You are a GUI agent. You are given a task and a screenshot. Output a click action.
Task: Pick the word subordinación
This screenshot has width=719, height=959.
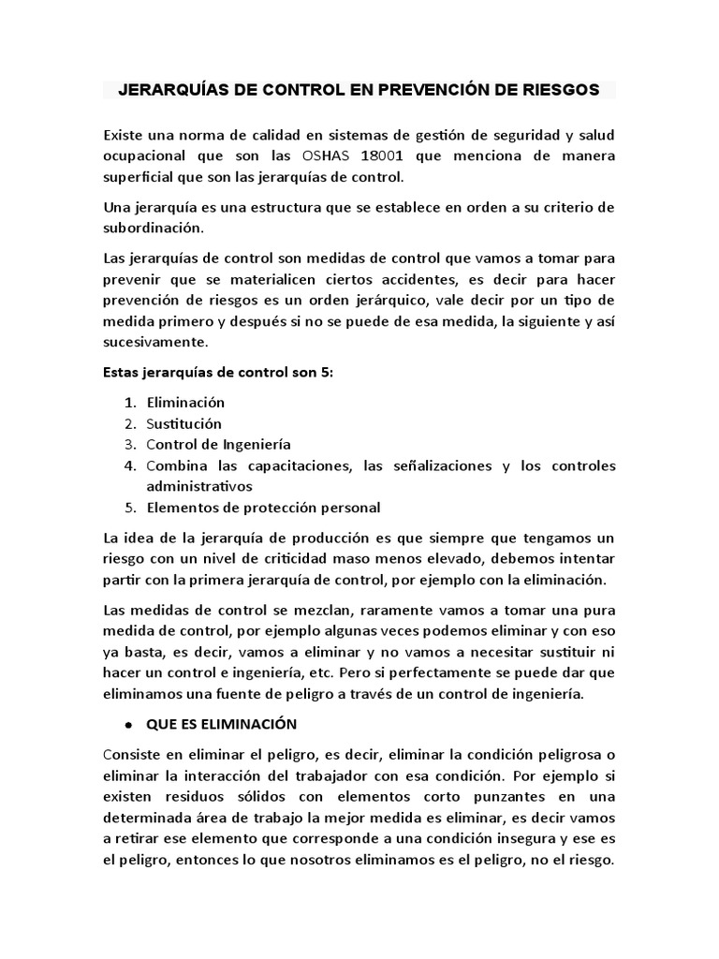tap(151, 227)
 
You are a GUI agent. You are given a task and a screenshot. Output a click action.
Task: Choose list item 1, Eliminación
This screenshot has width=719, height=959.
tap(185, 402)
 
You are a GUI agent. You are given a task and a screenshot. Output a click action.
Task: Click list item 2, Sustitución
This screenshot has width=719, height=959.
tap(183, 423)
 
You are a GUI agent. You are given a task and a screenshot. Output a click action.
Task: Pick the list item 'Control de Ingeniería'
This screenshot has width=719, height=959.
tap(218, 444)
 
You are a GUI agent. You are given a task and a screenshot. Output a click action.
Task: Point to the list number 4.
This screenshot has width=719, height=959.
tap(130, 465)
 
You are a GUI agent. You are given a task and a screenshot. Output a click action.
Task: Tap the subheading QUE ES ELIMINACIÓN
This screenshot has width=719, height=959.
tap(221, 724)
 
